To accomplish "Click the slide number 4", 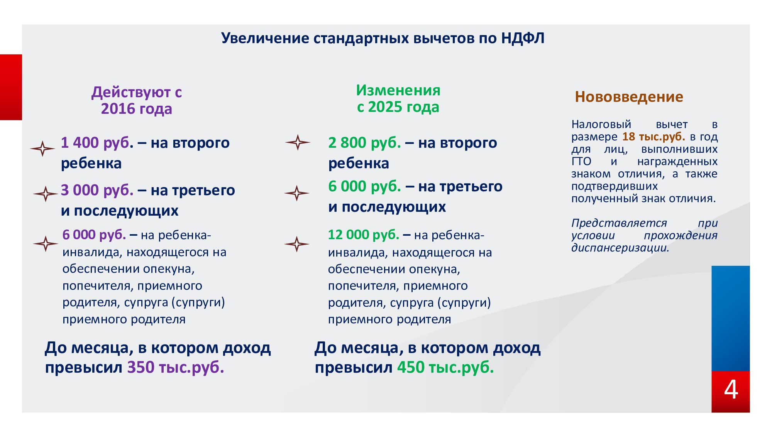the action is point(731,390).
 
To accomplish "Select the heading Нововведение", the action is point(629,97).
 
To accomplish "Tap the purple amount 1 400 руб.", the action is point(97,143).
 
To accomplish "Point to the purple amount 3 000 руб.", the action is point(97,191).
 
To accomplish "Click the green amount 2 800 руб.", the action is point(365,143).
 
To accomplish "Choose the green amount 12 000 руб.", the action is point(363,235).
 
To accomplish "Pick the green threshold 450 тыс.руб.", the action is point(445,367).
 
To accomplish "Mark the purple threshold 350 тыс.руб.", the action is point(176,367).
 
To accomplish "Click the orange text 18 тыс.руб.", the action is point(653,137).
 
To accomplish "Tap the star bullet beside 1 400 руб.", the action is point(42,149).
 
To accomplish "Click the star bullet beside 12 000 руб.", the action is point(297,244).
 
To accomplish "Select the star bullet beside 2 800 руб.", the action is point(298,142).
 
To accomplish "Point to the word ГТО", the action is point(581,161).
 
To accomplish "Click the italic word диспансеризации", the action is point(620,248).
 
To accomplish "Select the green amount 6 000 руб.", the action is point(365,187).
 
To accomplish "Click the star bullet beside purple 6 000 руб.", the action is point(46,244).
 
